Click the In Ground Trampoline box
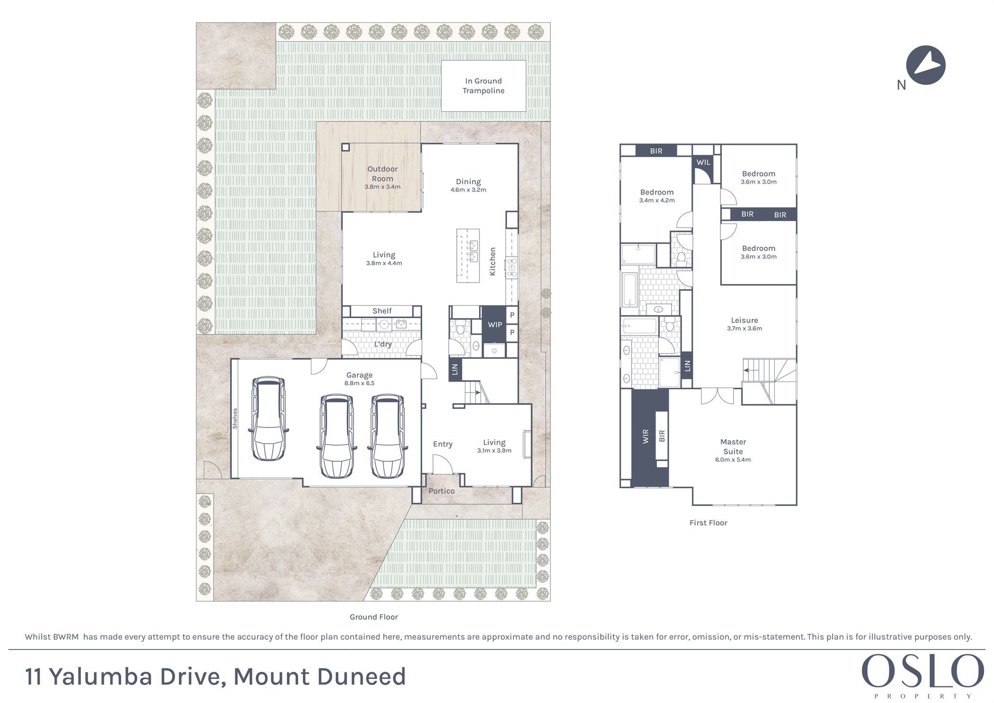483,86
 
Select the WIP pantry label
495,325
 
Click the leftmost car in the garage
268,418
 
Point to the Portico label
442,491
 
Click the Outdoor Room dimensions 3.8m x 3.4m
382,187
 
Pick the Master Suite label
733,446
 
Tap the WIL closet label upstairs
703,162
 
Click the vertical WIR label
646,436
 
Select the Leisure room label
744,320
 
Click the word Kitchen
492,261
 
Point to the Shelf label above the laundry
382,311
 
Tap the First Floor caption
708,523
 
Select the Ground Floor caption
373,617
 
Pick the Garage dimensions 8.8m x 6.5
359,383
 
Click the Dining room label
468,182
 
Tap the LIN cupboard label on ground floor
455,369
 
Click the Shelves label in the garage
235,418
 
